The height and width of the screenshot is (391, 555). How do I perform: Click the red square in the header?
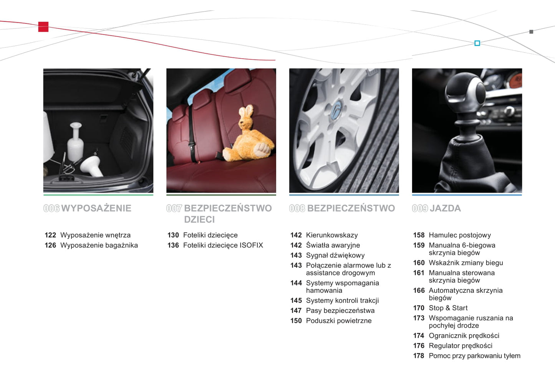click(43, 27)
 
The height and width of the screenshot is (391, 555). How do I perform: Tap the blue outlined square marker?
click(477, 43)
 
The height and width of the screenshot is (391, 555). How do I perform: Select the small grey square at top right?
click(531, 32)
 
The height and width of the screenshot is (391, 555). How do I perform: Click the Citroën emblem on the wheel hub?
click(336, 111)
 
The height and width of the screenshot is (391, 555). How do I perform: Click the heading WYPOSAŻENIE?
click(96, 208)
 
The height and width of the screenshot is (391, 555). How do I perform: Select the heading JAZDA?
click(445, 208)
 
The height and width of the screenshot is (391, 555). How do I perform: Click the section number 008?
click(297, 208)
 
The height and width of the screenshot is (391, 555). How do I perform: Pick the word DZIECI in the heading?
click(199, 219)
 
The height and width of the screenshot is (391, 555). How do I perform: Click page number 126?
click(50, 245)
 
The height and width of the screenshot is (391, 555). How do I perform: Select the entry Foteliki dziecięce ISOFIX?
click(223, 245)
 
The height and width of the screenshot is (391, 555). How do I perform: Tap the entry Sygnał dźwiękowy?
click(335, 256)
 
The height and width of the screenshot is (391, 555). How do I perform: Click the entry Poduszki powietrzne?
click(339, 321)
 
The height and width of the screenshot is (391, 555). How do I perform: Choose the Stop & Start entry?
click(448, 308)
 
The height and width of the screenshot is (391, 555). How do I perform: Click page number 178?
click(419, 356)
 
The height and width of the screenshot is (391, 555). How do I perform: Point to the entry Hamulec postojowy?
click(460, 235)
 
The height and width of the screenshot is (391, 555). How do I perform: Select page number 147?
click(296, 310)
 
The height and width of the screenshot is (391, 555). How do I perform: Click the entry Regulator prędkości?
click(461, 346)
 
